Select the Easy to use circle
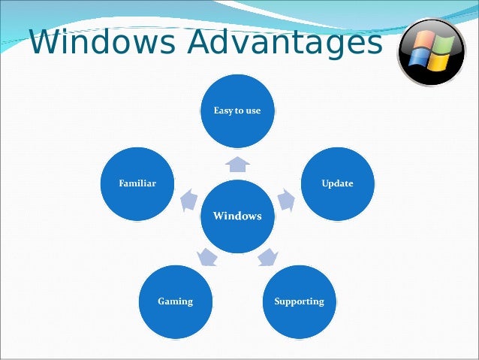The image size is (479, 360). click(237, 110)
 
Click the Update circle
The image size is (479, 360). click(337, 183)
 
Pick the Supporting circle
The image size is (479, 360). click(299, 301)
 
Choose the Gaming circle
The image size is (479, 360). click(175, 301)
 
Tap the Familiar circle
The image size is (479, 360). click(137, 183)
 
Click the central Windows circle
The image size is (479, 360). click(237, 216)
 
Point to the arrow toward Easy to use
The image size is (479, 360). click(237, 163)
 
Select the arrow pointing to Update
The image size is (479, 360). click(286, 200)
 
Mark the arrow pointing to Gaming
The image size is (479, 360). click(206, 258)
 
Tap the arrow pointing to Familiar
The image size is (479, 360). click(188, 200)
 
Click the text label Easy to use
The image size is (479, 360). click(237, 110)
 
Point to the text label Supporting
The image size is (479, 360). click(299, 301)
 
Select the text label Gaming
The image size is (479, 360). click(175, 301)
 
